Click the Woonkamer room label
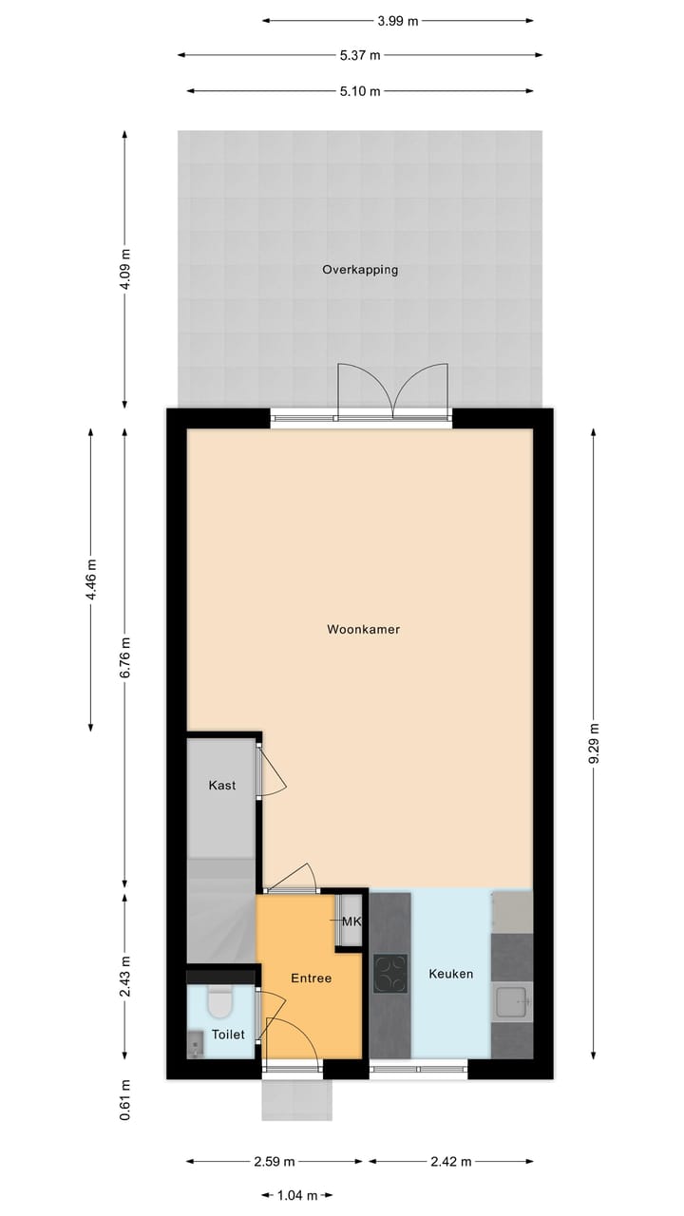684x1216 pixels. tap(363, 629)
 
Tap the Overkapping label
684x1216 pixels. tap(360, 270)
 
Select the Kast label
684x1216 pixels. tap(222, 786)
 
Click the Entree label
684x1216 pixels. tap(311, 978)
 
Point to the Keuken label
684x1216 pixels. tap(450, 974)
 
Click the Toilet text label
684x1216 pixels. tap(228, 1035)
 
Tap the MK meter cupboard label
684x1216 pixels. tap(351, 921)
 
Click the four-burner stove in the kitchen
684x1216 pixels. tap(390, 973)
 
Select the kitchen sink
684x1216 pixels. tap(512, 1002)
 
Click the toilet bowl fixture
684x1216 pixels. tap(220, 1002)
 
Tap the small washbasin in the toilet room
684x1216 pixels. tap(196, 1047)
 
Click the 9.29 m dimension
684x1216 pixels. tap(594, 744)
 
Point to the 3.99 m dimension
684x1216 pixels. tap(398, 20)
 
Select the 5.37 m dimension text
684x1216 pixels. tap(360, 55)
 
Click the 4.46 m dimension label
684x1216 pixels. tap(91, 579)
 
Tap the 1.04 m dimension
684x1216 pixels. tap(297, 1195)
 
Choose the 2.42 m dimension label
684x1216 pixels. tap(450, 1161)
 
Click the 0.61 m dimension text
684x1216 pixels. tap(125, 1100)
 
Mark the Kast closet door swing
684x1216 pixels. tap(273, 771)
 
